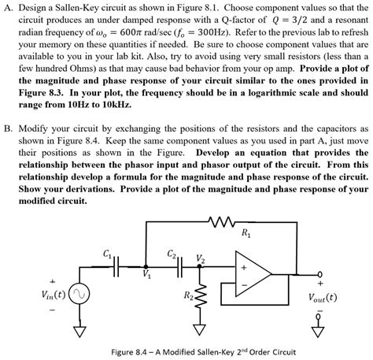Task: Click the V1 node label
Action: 147,275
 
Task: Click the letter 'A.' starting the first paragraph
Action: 9,7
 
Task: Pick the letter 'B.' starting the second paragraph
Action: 9,127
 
